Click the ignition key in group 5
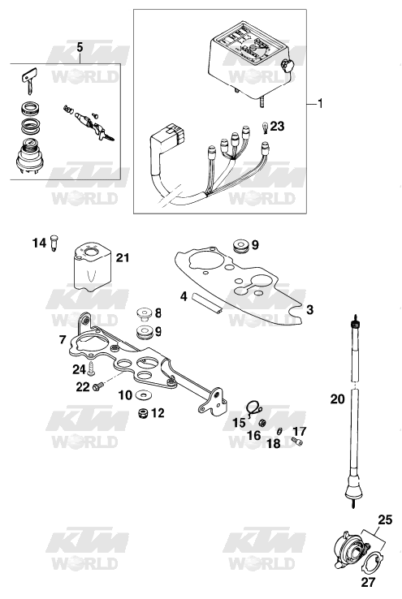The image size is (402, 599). coord(28,80)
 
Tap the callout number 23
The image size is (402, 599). coord(277,126)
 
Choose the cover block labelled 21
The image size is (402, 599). coord(92,267)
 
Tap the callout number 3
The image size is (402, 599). coord(310,309)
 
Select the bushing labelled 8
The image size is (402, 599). coord(144,313)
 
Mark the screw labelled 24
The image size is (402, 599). coord(91,368)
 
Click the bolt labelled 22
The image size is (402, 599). coord(97,386)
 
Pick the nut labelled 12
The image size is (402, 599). coord(143,413)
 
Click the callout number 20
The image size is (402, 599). coord(337,399)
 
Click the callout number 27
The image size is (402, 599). coord(369,582)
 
